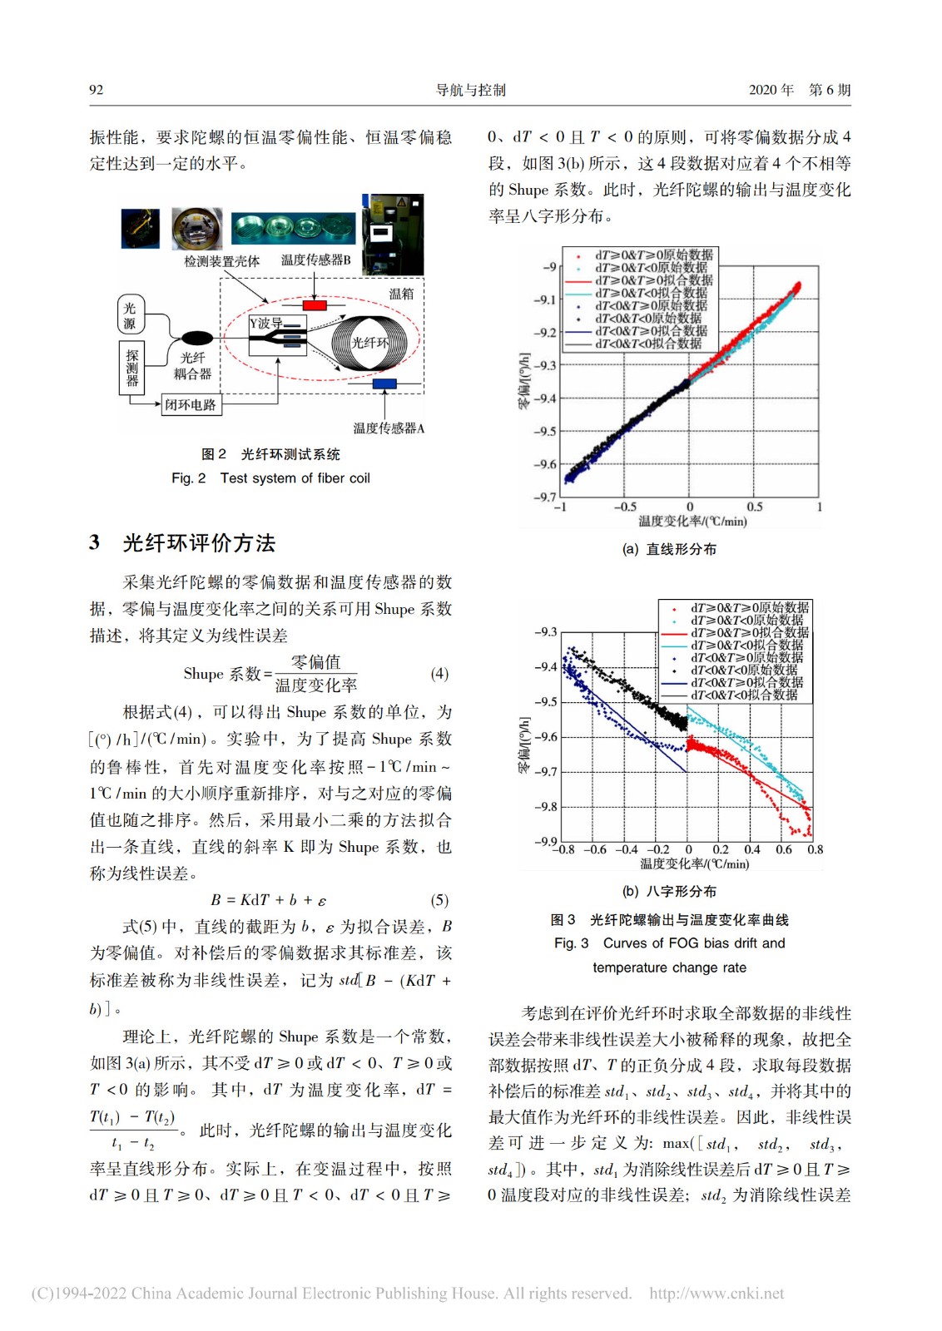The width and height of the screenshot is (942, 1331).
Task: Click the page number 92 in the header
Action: [x=97, y=90]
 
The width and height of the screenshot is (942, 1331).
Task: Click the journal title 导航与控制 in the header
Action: [x=471, y=90]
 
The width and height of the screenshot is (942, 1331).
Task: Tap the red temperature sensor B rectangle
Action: [x=315, y=305]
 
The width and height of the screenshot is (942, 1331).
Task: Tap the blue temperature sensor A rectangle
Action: [x=384, y=383]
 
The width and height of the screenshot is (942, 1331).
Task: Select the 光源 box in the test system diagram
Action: [x=130, y=315]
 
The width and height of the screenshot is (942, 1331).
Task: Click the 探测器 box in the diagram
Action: [x=132, y=367]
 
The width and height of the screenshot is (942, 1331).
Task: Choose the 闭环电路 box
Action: [x=191, y=405]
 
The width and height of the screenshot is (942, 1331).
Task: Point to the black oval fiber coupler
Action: [x=197, y=338]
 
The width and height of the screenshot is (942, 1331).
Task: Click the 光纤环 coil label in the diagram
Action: [x=369, y=342]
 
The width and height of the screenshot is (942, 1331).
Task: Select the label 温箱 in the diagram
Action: [x=401, y=294]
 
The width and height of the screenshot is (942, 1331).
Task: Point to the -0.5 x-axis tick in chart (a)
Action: [x=625, y=507]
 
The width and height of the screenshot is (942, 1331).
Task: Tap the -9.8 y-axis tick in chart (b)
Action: [x=546, y=807]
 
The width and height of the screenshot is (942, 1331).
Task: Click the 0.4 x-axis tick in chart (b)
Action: [x=752, y=849]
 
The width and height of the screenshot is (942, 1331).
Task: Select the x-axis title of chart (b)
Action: [x=694, y=864]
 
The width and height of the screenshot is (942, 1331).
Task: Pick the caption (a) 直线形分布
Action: [x=669, y=549]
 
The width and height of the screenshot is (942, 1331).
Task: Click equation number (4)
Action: [x=439, y=673]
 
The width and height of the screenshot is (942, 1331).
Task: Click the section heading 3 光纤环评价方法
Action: [x=182, y=543]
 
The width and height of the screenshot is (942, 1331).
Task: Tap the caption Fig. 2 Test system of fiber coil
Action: [x=270, y=478]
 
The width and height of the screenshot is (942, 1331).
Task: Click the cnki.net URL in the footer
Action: [x=716, y=1293]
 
